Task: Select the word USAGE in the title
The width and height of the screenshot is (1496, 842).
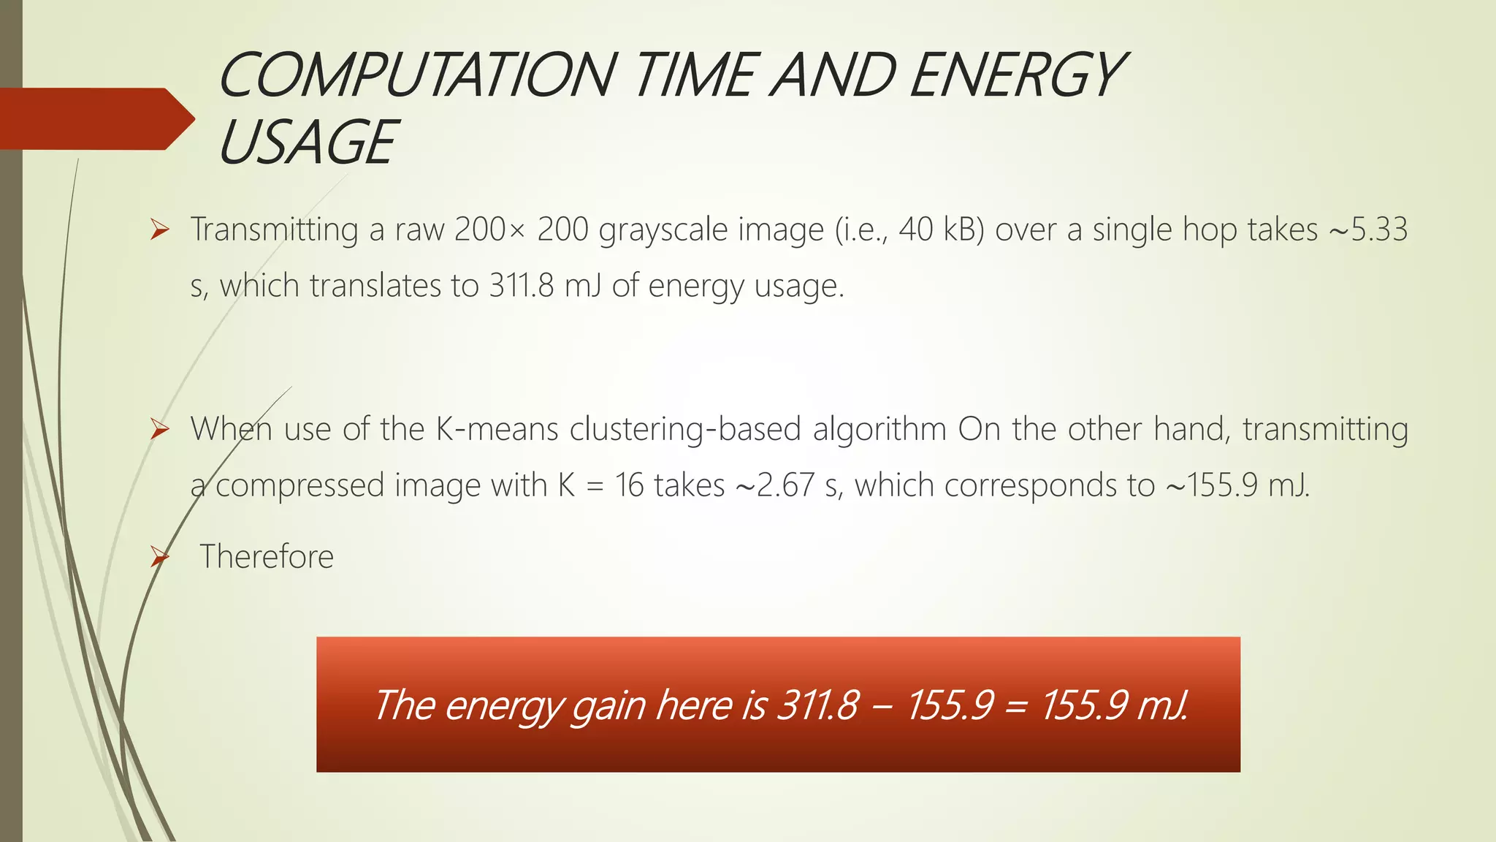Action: click(307, 143)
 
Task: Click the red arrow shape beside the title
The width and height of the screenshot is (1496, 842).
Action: click(95, 118)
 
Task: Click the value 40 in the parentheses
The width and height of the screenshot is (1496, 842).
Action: click(916, 230)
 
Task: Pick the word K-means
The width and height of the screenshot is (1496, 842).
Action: click(497, 429)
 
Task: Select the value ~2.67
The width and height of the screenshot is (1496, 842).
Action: click(774, 485)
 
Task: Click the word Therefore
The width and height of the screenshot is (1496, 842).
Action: click(267, 557)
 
